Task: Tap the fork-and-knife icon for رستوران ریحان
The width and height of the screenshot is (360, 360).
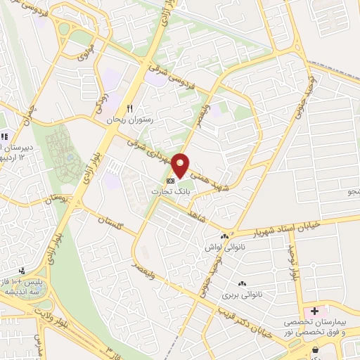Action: [129, 109]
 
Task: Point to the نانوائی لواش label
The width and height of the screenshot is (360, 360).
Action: [219, 247]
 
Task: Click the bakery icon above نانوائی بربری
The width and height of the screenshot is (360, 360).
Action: [233, 283]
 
